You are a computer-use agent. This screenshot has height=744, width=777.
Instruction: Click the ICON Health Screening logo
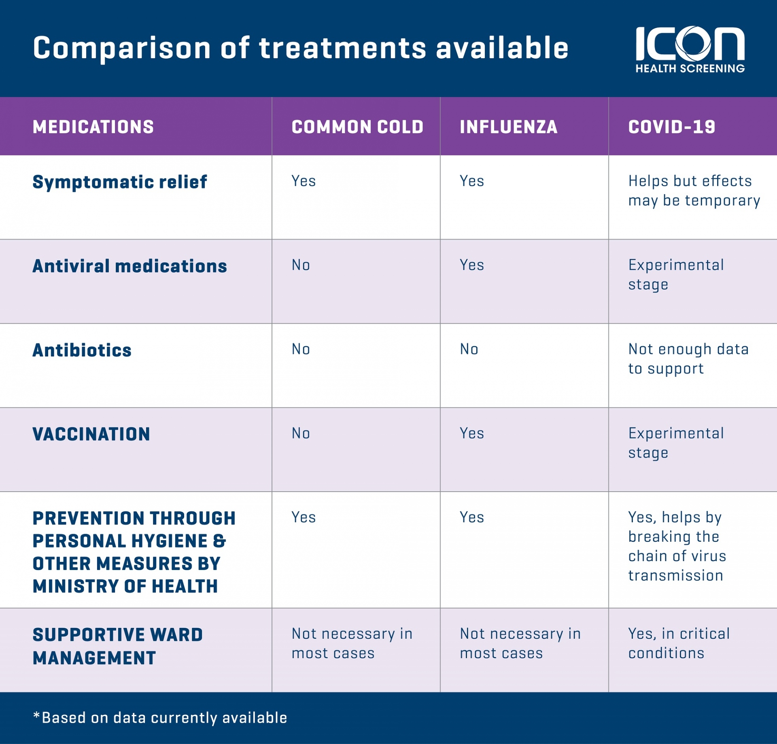pyautogui.click(x=690, y=50)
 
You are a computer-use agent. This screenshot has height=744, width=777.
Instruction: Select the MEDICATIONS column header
pyautogui.click(x=93, y=127)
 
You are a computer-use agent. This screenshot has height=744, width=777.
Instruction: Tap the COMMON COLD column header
pyautogui.click(x=357, y=127)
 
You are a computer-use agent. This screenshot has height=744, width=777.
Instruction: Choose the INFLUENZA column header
pyautogui.click(x=509, y=127)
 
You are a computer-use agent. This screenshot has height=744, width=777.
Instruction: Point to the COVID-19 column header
pyautogui.click(x=672, y=127)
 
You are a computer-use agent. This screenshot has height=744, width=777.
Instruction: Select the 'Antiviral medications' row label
pyautogui.click(x=129, y=266)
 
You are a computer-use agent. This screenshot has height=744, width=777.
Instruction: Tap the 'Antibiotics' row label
pyautogui.click(x=82, y=350)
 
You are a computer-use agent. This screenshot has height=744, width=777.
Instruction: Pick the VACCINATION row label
pyautogui.click(x=91, y=435)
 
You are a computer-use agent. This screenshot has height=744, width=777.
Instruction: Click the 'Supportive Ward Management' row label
pyautogui.click(x=117, y=646)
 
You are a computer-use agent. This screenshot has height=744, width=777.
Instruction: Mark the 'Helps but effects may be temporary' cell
pyautogui.click(x=694, y=191)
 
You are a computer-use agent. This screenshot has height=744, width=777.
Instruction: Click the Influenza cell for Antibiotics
pyautogui.click(x=469, y=349)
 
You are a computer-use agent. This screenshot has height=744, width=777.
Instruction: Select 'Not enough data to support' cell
pyautogui.click(x=688, y=359)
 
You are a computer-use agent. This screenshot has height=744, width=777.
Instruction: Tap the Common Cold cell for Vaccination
pyautogui.click(x=301, y=433)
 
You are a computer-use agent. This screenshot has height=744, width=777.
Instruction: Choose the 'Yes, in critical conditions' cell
pyautogui.click(x=679, y=643)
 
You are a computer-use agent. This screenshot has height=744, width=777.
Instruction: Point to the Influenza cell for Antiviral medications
pyautogui.click(x=472, y=265)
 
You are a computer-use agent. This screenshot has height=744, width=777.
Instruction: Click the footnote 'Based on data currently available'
pyautogui.click(x=160, y=718)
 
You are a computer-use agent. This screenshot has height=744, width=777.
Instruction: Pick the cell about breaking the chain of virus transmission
pyautogui.click(x=677, y=546)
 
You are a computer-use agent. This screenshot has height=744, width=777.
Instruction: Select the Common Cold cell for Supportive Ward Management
pyautogui.click(x=352, y=643)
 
